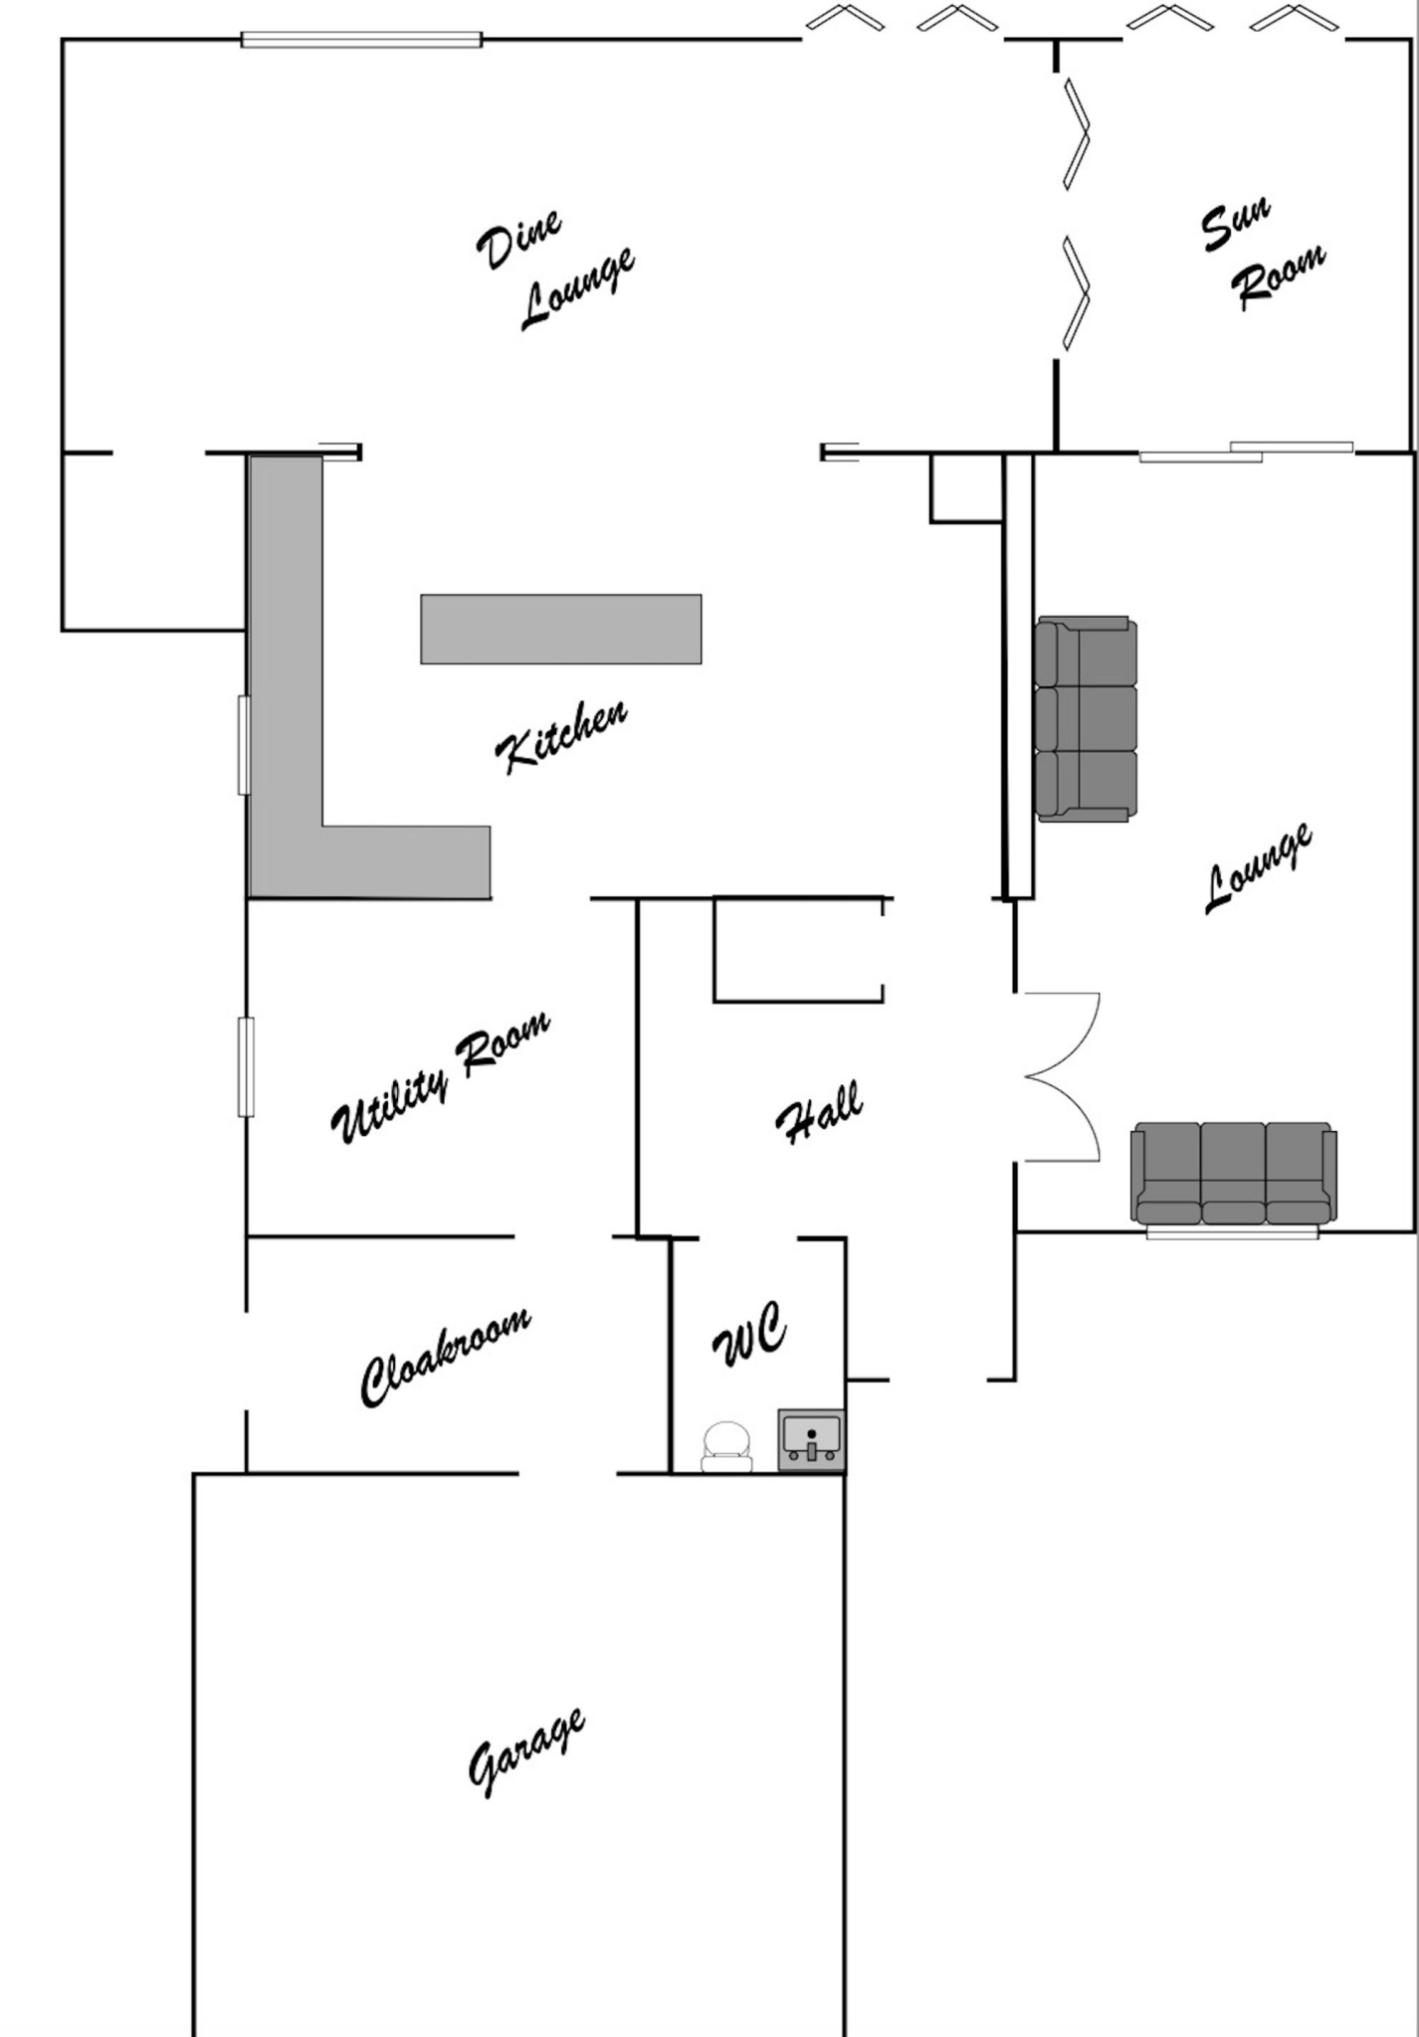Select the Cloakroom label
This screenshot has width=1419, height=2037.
click(x=445, y=1357)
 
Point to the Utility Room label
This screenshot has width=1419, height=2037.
click(x=439, y=1077)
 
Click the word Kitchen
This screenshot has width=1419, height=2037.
click(x=561, y=736)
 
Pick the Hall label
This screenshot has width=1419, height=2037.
click(x=819, y=1113)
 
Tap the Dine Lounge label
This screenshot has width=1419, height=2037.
click(x=554, y=270)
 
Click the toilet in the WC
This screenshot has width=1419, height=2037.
click(x=726, y=1446)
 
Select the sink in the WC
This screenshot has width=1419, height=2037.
click(x=811, y=1439)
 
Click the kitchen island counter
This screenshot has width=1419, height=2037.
click(x=561, y=629)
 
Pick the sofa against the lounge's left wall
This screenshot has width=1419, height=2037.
click(x=1086, y=719)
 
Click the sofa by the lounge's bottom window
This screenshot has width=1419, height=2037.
click(x=1234, y=1174)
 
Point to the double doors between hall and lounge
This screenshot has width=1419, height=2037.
click(x=1062, y=1077)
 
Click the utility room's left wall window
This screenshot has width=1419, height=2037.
click(x=245, y=1067)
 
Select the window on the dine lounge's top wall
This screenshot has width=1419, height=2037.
click(x=362, y=40)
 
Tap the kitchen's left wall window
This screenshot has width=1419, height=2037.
click(x=244, y=745)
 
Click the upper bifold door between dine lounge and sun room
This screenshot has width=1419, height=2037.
click(x=1077, y=133)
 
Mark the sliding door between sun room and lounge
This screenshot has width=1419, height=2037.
click(x=1246, y=452)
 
